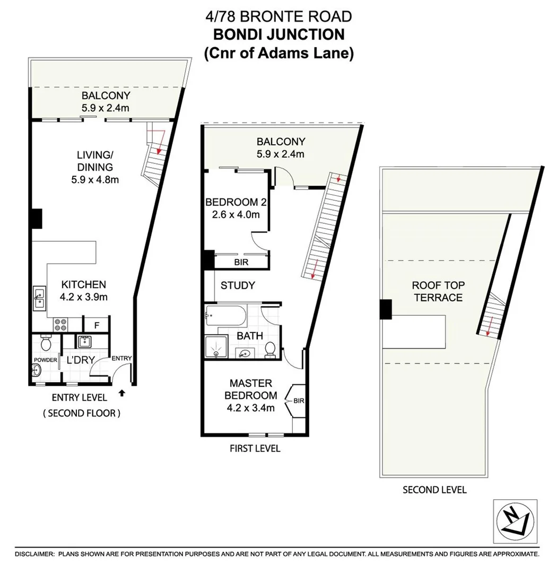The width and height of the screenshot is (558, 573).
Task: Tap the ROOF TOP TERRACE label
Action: pos(438,291)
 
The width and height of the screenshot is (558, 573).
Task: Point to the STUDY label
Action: pos(238,285)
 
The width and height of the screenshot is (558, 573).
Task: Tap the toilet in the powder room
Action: pos(45,345)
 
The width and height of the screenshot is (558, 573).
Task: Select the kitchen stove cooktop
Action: pos(58,324)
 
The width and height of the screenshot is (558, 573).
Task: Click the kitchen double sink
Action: pos(40,298)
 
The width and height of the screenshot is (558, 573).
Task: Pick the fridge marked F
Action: pos(97,325)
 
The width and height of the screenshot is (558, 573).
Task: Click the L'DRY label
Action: pos(81,360)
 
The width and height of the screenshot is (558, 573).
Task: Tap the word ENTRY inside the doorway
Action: pos(121,358)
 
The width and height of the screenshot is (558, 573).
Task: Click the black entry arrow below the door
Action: pos(123,393)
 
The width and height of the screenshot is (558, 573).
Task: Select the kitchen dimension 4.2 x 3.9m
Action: pos(84,297)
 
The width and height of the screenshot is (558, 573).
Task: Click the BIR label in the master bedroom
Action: pos(298,401)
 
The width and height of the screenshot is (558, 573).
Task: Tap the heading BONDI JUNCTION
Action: pos(278,35)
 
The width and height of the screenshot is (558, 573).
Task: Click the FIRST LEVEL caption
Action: pos(255,449)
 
